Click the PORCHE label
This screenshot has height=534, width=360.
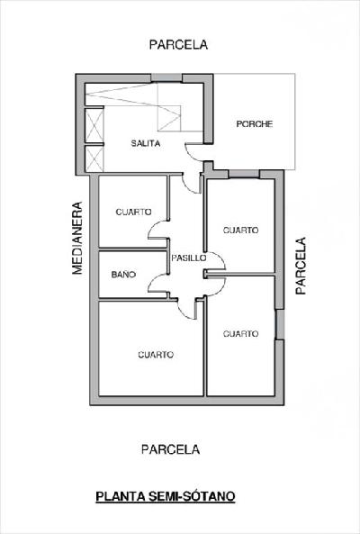(255, 124)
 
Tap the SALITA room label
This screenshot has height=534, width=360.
(146, 143)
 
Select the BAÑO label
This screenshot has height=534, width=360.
(123, 274)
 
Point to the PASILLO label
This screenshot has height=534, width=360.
(188, 258)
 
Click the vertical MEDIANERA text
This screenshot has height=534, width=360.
(77, 238)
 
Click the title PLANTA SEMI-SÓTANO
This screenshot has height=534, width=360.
(166, 496)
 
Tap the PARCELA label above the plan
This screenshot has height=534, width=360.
(178, 45)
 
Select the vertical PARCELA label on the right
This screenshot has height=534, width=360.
(301, 266)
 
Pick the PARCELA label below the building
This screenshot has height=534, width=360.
(170, 449)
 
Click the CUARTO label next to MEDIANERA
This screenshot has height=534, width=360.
(133, 212)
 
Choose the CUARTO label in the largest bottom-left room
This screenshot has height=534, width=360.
(156, 355)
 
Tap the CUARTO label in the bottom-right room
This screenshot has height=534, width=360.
(240, 334)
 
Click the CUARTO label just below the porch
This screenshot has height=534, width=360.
(240, 231)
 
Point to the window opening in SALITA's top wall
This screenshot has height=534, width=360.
(166, 78)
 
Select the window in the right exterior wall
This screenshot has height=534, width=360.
(279, 324)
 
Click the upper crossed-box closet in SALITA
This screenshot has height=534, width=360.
(94, 125)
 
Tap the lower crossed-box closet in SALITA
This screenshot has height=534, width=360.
(94, 159)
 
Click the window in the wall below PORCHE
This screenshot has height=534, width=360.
(244, 174)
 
